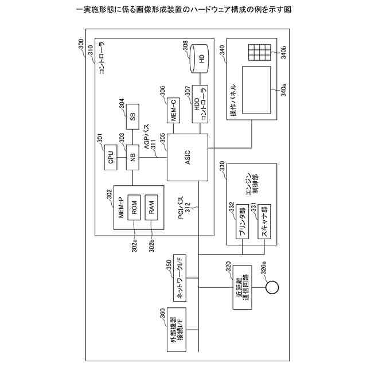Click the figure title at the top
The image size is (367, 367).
(x=183, y=10)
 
